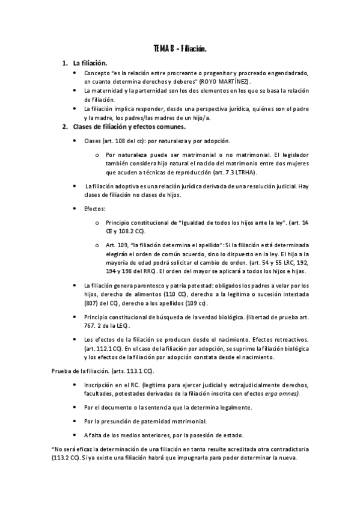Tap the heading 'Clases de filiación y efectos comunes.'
129,127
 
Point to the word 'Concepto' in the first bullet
97,73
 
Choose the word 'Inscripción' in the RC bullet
100,385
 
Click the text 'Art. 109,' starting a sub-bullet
117,245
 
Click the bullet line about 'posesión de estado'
156,435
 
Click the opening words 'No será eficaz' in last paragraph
74,449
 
